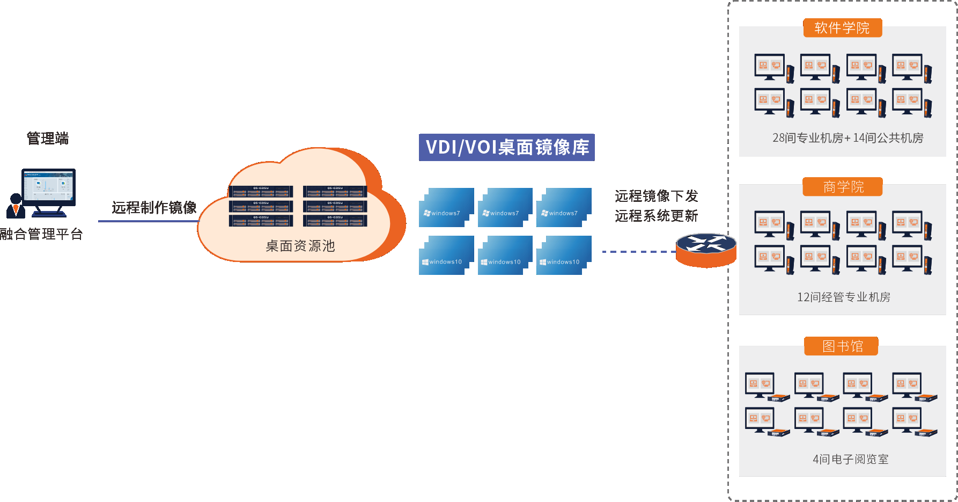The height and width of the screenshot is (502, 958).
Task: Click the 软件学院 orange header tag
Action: point(842,28)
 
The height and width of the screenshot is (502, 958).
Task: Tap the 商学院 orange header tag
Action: point(843,187)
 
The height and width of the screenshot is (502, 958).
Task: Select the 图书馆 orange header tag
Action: point(842,346)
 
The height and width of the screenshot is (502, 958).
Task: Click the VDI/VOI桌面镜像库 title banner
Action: point(506,147)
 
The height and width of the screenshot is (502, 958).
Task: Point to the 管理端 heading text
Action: point(48,139)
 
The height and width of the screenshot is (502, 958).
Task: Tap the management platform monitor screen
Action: point(49,186)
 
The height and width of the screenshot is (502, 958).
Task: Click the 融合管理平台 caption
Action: point(42,234)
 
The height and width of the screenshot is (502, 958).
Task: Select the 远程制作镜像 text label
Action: point(154,208)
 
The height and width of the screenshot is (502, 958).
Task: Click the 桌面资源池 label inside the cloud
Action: point(300,246)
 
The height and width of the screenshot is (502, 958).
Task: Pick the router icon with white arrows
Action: point(706,250)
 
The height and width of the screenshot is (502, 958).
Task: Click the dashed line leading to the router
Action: point(638,251)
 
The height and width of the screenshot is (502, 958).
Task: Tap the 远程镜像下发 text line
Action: point(656,196)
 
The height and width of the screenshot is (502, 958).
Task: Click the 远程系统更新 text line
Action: point(656,216)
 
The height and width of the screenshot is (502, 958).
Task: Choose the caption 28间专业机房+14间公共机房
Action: point(848,138)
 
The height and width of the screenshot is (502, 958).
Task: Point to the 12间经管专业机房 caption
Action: point(843,297)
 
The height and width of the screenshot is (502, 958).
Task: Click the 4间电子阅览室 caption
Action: point(850,459)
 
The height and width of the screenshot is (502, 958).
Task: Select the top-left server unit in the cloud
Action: point(261,192)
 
